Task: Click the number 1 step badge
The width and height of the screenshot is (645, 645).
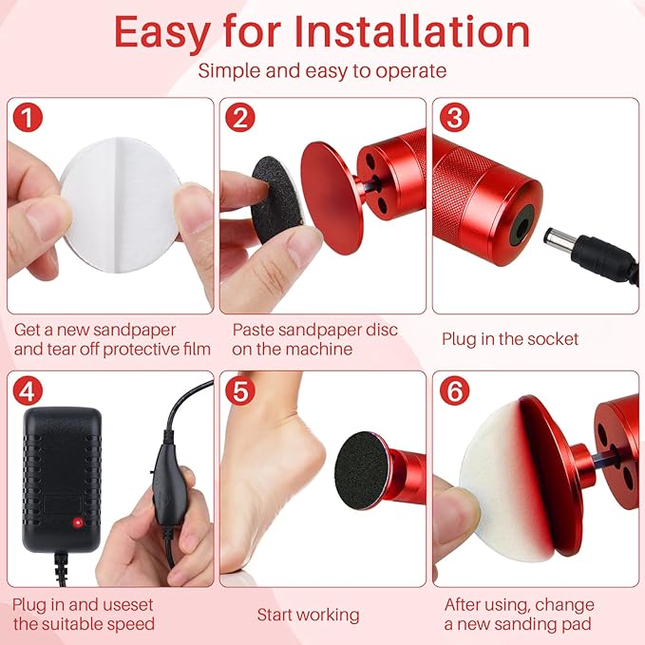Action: (29, 119)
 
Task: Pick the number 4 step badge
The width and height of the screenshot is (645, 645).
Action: (29, 391)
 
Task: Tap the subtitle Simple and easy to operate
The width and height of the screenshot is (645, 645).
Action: (322, 71)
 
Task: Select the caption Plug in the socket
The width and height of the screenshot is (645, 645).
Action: (509, 339)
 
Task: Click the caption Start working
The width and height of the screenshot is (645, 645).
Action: (308, 615)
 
